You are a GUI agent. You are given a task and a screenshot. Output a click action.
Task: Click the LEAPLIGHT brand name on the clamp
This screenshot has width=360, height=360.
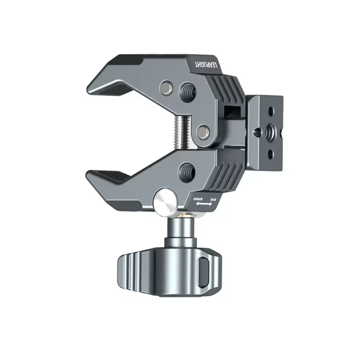click(x=207, y=65)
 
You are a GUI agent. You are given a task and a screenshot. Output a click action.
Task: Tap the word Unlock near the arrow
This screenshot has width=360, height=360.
click(x=198, y=199)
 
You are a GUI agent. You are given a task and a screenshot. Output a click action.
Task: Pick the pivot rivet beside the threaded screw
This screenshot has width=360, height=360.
click(x=202, y=132)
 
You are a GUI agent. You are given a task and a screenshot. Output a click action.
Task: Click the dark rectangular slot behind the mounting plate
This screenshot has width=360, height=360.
click(x=232, y=112)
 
